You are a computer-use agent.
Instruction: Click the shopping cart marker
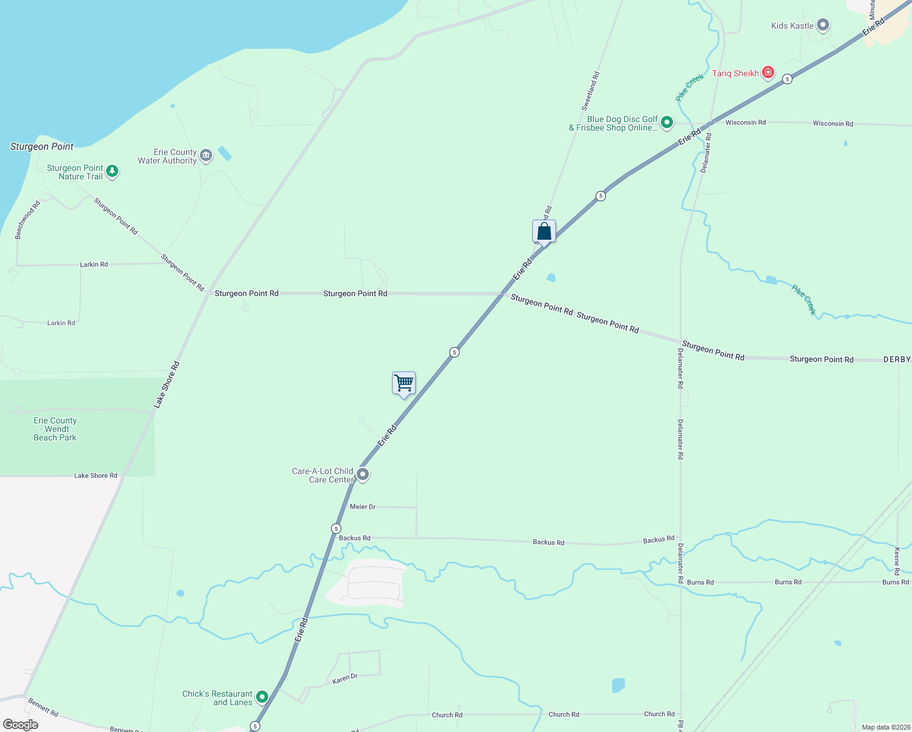pyautogui.click(x=404, y=384)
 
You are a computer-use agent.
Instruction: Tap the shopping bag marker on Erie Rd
pyautogui.click(x=544, y=232)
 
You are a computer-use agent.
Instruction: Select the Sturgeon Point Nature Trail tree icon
pyautogui.click(x=112, y=171)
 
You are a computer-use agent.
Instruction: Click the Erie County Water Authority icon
pyautogui.click(x=206, y=156)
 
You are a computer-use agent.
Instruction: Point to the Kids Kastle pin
pyautogui.click(x=823, y=25)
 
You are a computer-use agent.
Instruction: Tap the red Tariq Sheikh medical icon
pyautogui.click(x=768, y=73)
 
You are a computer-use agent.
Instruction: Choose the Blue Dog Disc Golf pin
pyautogui.click(x=667, y=123)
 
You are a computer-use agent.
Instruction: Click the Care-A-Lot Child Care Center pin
pyautogui.click(x=363, y=474)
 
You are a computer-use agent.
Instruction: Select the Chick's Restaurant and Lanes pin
pyautogui.click(x=262, y=697)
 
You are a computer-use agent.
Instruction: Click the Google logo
pyautogui.click(x=21, y=725)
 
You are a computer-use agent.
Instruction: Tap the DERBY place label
pyautogui.click(x=897, y=360)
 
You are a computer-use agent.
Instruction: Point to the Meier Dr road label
pyautogui.click(x=363, y=507)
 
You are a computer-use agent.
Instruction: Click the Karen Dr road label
pyautogui.click(x=345, y=678)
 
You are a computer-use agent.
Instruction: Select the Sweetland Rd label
pyautogui.click(x=590, y=91)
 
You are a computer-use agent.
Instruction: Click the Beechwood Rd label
pyautogui.click(x=27, y=220)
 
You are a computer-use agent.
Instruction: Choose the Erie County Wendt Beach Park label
pyautogui.click(x=55, y=429)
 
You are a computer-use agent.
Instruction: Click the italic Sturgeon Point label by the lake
pyautogui.click(x=41, y=146)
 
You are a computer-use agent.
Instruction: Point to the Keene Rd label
pyautogui.click(x=897, y=561)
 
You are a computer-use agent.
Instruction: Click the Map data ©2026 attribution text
pyautogui.click(x=886, y=727)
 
